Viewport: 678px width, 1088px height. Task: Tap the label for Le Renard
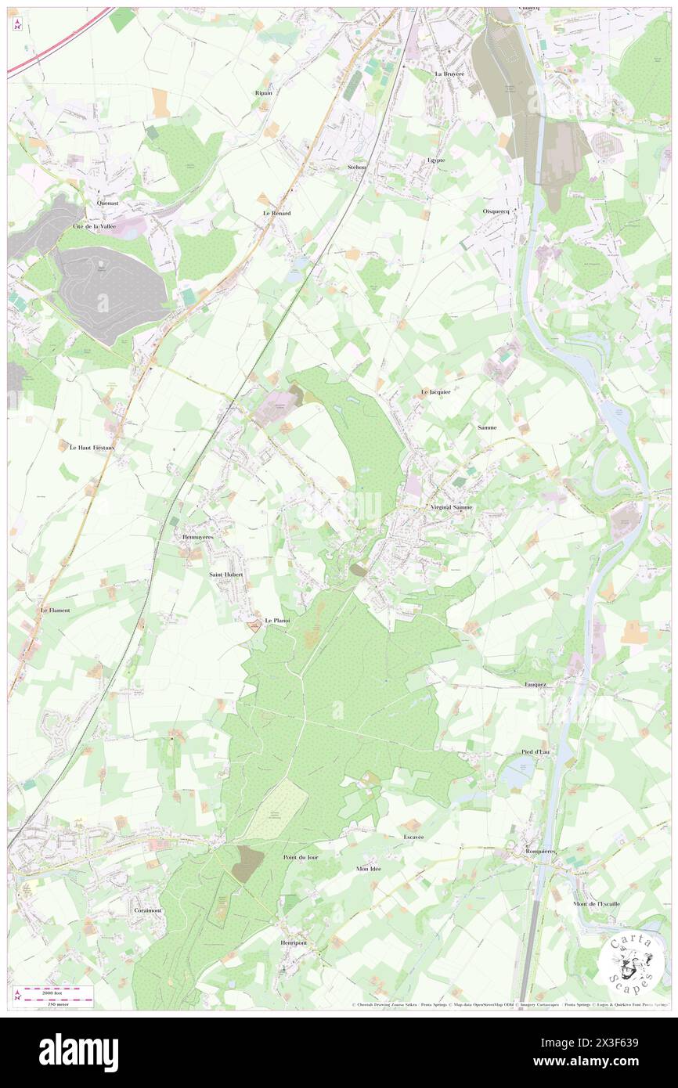coord(277,213)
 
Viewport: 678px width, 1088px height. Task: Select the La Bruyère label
coord(449,74)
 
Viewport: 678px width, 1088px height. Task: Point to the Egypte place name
coord(436,160)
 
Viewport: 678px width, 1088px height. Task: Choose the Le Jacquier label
coord(435,391)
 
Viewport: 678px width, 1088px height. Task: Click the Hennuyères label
coord(197,537)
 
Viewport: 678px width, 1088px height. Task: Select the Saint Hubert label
coord(226,575)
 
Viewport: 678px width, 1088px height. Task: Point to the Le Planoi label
coord(278,621)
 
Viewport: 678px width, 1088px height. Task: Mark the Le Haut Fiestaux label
coord(92,448)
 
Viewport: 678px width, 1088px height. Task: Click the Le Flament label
coord(56,610)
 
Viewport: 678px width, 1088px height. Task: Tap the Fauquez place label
coord(540,684)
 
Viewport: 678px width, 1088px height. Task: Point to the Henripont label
coord(294,942)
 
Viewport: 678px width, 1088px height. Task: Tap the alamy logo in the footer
coord(78,1052)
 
